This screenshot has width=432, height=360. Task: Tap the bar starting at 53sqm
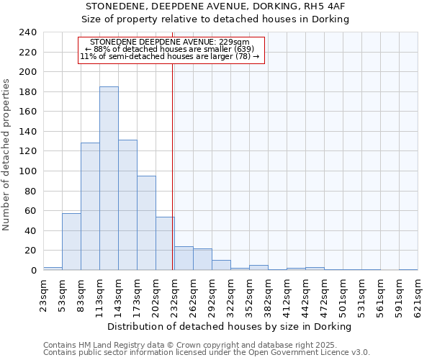click(x=71, y=241)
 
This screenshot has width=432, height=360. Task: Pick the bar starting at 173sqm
click(x=146, y=222)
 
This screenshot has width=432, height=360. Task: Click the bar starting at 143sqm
click(x=127, y=204)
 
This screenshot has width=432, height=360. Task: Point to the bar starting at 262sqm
click(x=202, y=259)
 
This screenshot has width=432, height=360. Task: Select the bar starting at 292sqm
click(x=221, y=265)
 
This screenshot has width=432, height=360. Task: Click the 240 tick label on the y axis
click(x=27, y=32)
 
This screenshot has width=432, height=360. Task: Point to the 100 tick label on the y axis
click(x=27, y=171)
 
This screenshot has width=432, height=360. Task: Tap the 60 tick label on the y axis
click(x=30, y=211)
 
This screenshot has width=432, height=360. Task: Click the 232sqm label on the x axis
click(x=175, y=296)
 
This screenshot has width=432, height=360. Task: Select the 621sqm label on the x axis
click(x=418, y=296)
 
